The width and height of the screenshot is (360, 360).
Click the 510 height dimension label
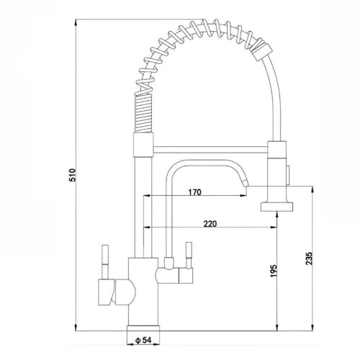(72, 175)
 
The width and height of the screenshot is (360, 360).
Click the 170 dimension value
(194, 192)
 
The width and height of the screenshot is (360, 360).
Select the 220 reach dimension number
(210, 224)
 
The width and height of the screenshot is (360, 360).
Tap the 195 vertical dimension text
(274, 271)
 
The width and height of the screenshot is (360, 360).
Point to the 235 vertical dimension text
(310, 258)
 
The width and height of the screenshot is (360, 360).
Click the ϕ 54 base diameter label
(143, 340)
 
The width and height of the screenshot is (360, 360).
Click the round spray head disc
(277, 207)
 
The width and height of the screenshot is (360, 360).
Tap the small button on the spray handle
(288, 175)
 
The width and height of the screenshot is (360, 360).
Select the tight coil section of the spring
(143, 113)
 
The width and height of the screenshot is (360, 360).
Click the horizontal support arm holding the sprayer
(210, 149)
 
